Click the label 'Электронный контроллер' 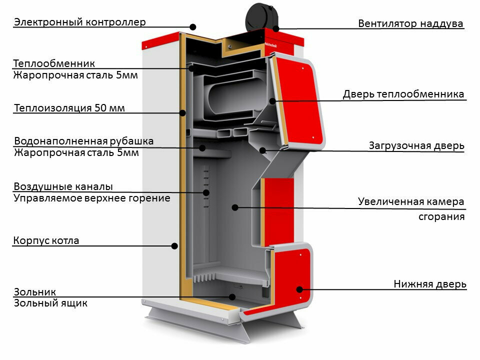tap(80, 22)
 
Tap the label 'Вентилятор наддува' tap(410, 23)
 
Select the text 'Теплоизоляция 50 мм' tap(69, 108)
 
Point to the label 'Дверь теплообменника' tap(403, 94)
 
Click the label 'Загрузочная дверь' tap(416, 145)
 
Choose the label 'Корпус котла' tap(46, 240)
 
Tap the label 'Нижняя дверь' tap(429, 284)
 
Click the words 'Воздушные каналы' tap(63, 186)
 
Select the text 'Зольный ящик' tap(50, 302)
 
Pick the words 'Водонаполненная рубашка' tap(83, 141)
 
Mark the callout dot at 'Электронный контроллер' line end tap(193, 27)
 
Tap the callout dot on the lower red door tap(299, 289)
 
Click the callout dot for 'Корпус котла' tap(174, 245)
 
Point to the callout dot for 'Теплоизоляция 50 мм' tap(183, 112)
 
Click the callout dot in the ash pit tap(232, 296)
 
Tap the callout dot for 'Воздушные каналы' tap(205, 192)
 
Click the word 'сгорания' tap(441, 217)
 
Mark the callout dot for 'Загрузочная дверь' tap(262, 149)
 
